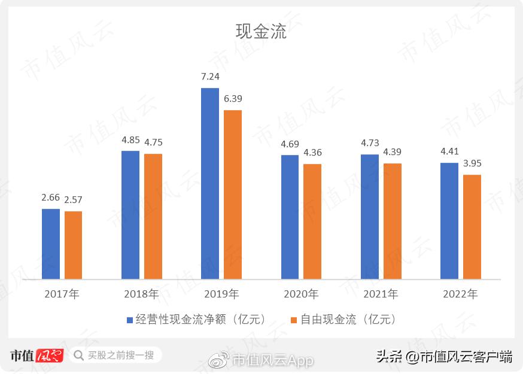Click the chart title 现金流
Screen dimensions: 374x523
(261, 31)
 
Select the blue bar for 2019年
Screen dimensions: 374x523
(210, 183)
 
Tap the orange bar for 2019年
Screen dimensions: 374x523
(233, 194)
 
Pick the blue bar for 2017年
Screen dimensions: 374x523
(51, 244)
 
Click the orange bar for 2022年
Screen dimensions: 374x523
(472, 226)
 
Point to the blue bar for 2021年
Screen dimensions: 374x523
(370, 216)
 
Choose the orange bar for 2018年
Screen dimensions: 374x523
(153, 216)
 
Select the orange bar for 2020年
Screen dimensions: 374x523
(312, 221)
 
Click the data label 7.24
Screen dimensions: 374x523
(210, 77)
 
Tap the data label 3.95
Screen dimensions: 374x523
(472, 163)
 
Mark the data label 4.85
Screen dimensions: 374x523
(130, 140)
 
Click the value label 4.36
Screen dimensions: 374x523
(312, 153)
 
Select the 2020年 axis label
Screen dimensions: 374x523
(301, 294)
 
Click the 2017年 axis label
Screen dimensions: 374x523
(62, 294)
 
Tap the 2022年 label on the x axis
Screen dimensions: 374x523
(461, 294)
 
